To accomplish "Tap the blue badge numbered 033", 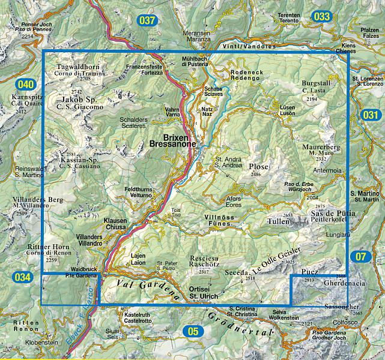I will pyautogui.click(x=323, y=16).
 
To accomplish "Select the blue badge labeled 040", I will pyautogui.click(x=26, y=85).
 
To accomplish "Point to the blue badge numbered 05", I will pyautogui.click(x=192, y=329).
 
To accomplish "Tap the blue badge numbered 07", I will pyautogui.click(x=360, y=257).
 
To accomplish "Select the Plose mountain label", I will pyautogui.click(x=259, y=166).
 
